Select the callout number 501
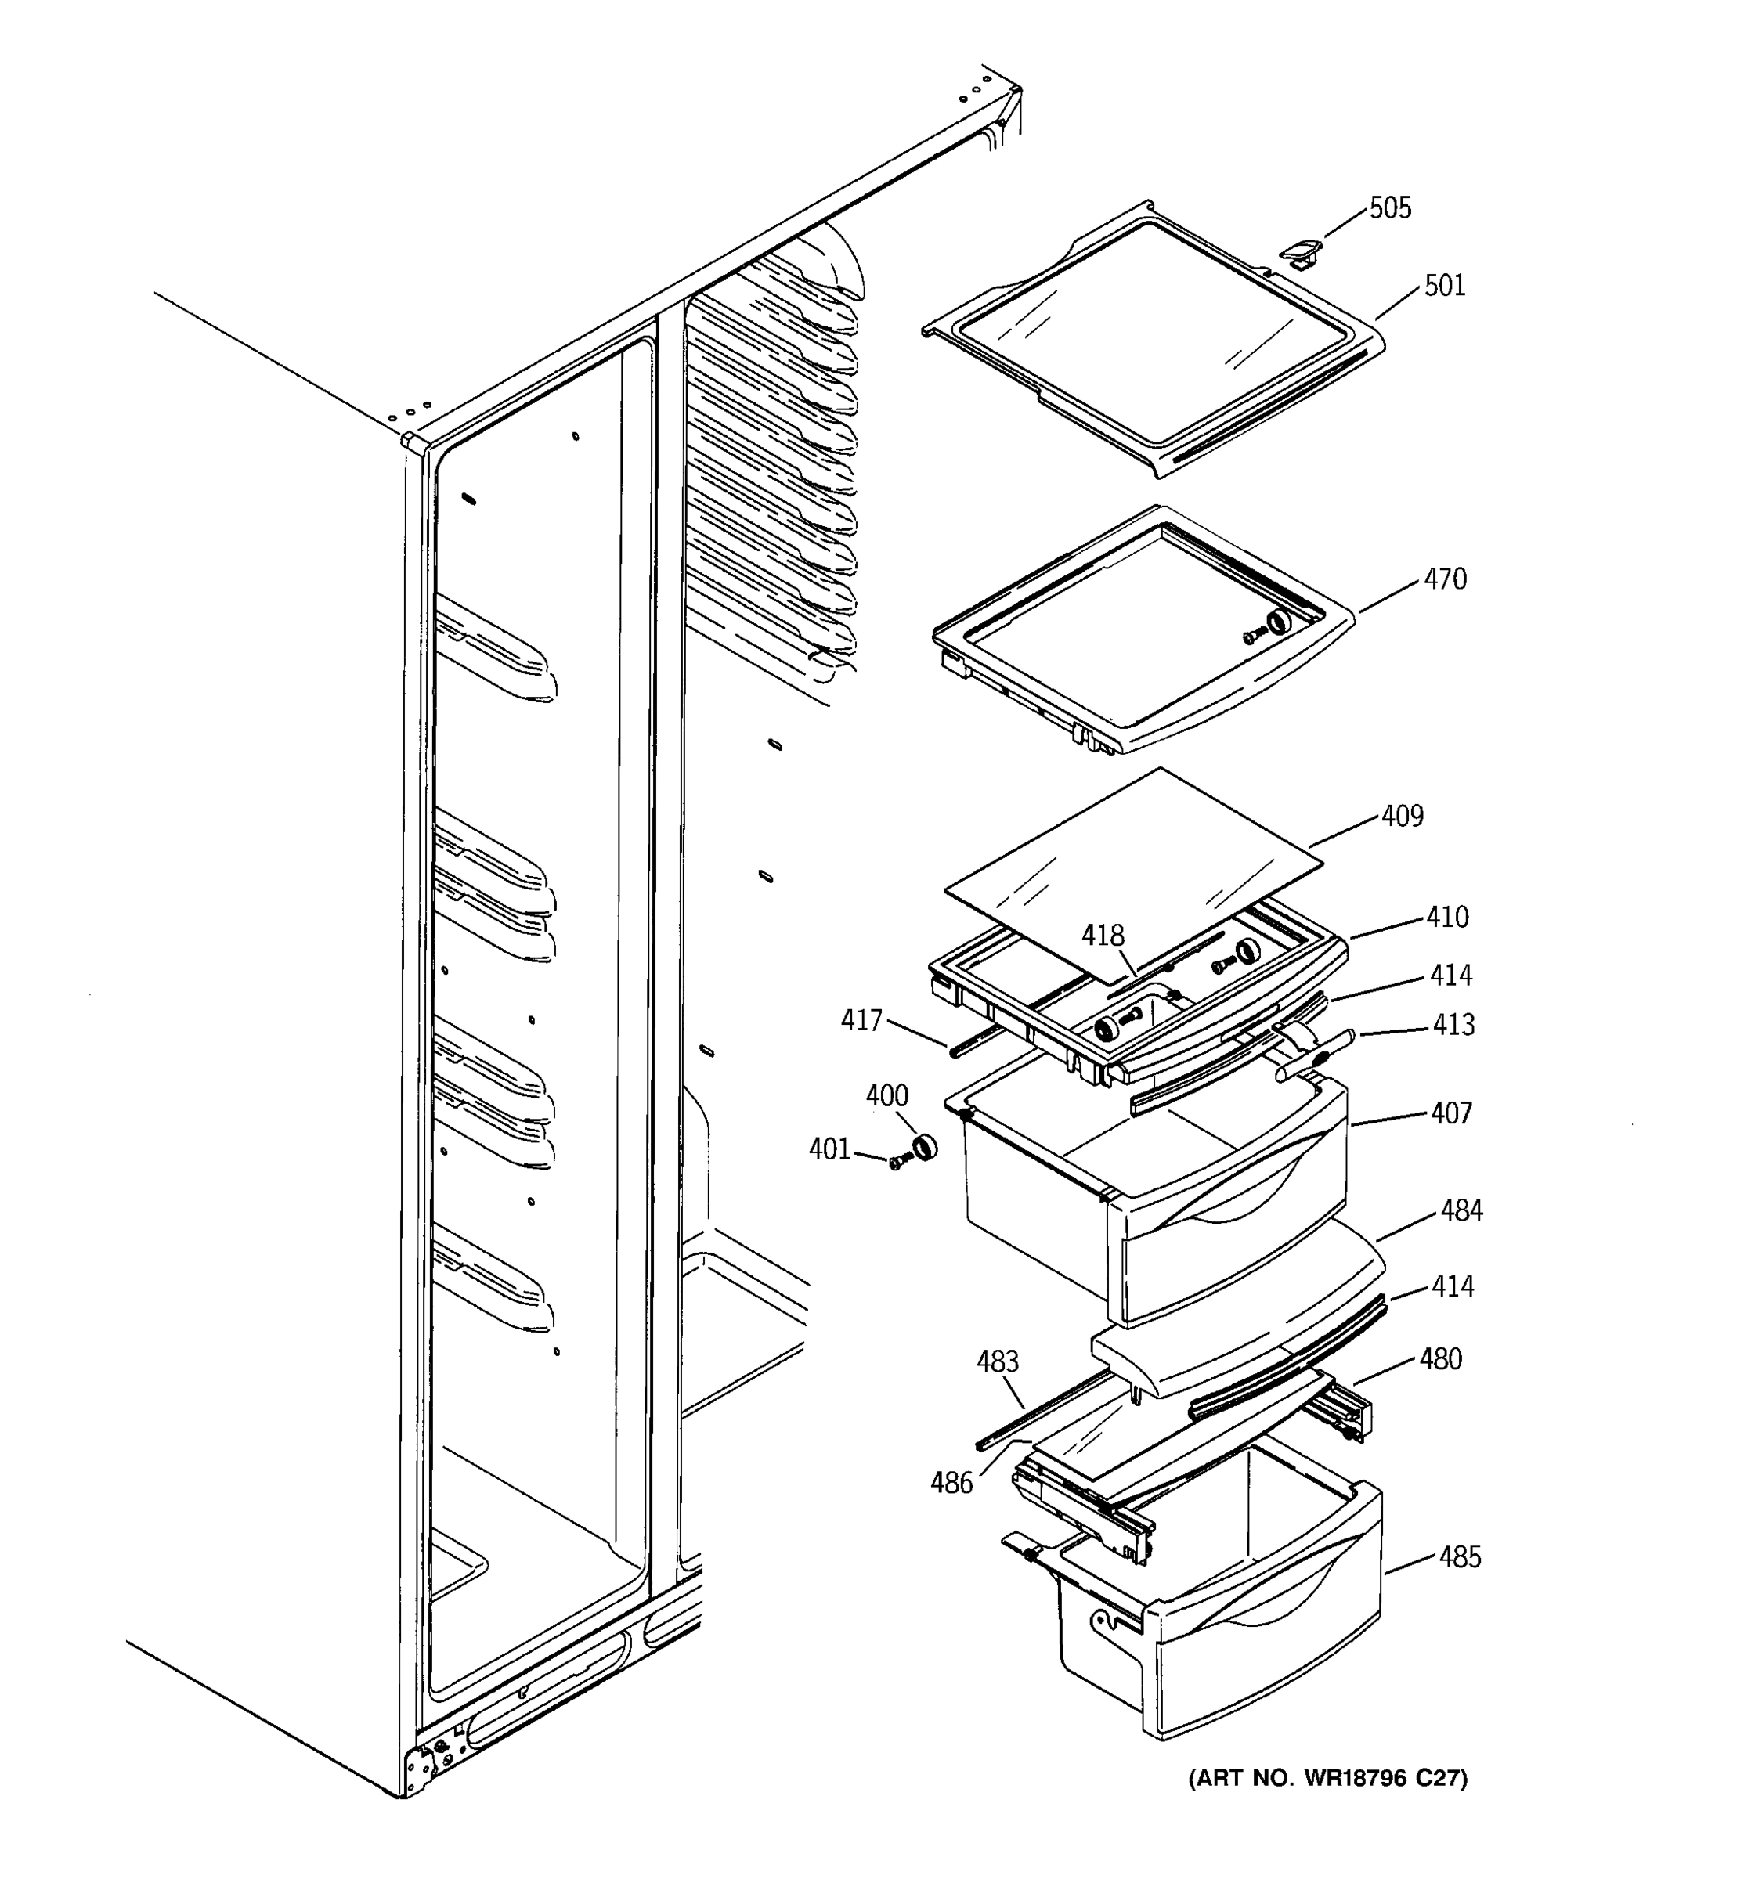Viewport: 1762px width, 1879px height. (1444, 286)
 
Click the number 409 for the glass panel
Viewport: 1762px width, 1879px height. (1402, 816)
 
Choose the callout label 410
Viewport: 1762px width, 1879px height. (1447, 917)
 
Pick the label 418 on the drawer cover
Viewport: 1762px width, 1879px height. (1103, 936)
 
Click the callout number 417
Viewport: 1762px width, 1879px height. (861, 1021)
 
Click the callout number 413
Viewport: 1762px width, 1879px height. (1453, 1025)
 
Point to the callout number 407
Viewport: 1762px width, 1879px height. (1451, 1113)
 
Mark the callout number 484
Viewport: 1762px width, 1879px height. (1461, 1210)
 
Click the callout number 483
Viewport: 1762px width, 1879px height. (997, 1362)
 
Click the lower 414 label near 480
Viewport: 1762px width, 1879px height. (1453, 1286)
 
